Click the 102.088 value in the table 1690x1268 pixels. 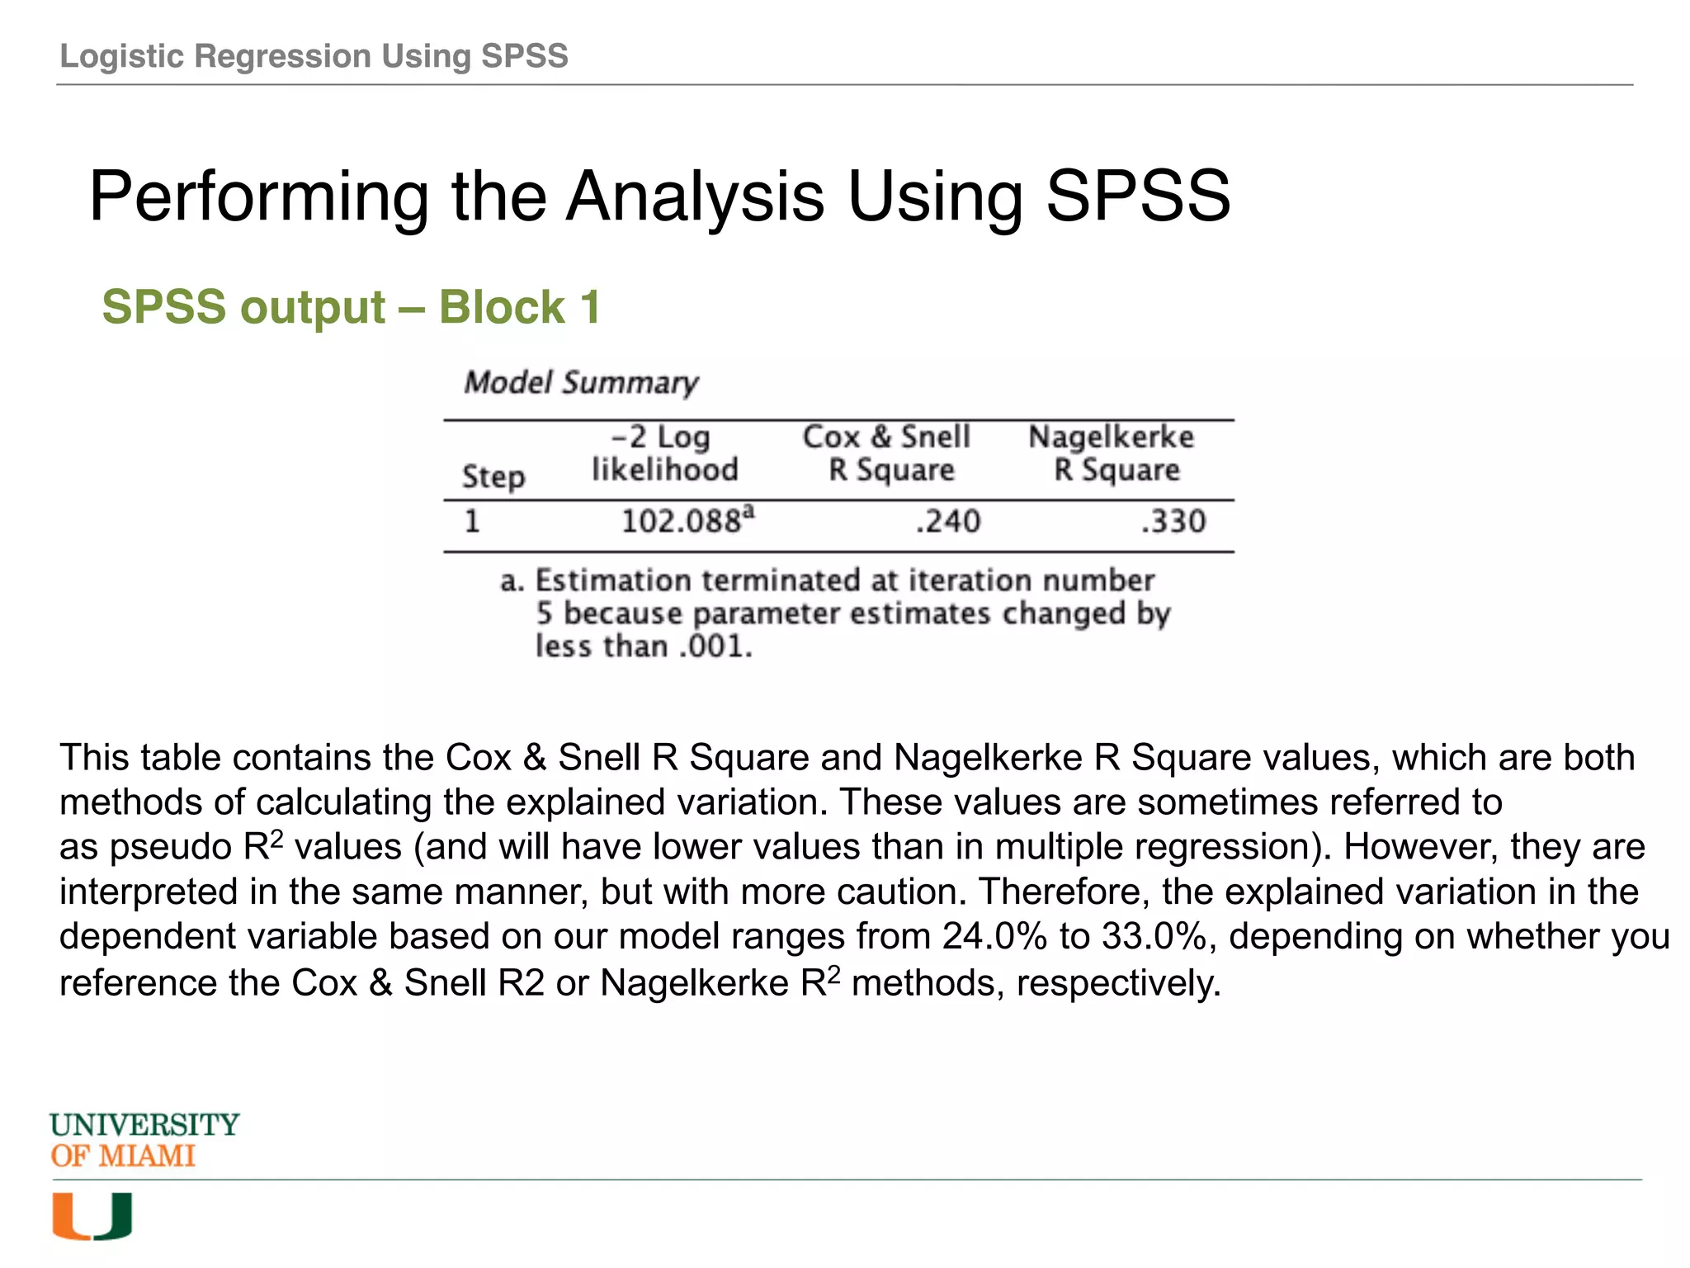click(682, 522)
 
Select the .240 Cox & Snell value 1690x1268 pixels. click(948, 522)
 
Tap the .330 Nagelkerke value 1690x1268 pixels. click(1173, 522)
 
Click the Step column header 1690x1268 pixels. click(493, 476)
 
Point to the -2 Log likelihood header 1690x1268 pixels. click(664, 453)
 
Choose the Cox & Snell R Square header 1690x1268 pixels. click(888, 453)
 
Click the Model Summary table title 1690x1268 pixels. click(581, 383)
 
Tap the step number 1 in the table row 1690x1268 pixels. click(472, 522)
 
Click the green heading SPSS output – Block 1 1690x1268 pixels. click(351, 307)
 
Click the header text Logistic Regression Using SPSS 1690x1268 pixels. click(314, 56)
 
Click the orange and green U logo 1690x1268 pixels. click(92, 1217)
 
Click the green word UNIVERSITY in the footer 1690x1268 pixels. click(144, 1125)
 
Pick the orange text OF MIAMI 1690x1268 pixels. click(123, 1157)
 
